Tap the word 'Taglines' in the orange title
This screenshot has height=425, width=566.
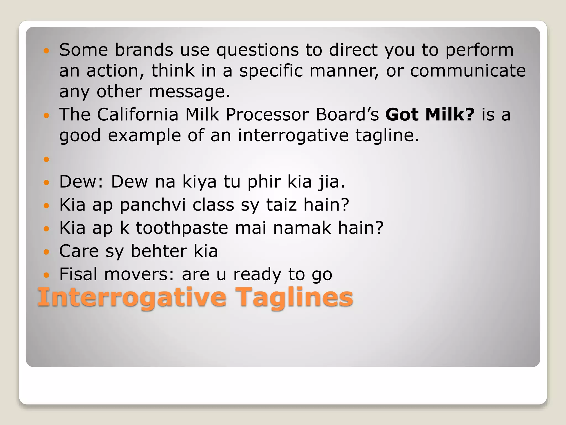(296, 298)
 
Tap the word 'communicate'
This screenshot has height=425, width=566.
(468, 71)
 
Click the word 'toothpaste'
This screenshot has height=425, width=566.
(182, 228)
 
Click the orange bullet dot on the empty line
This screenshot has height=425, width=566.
(46, 159)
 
